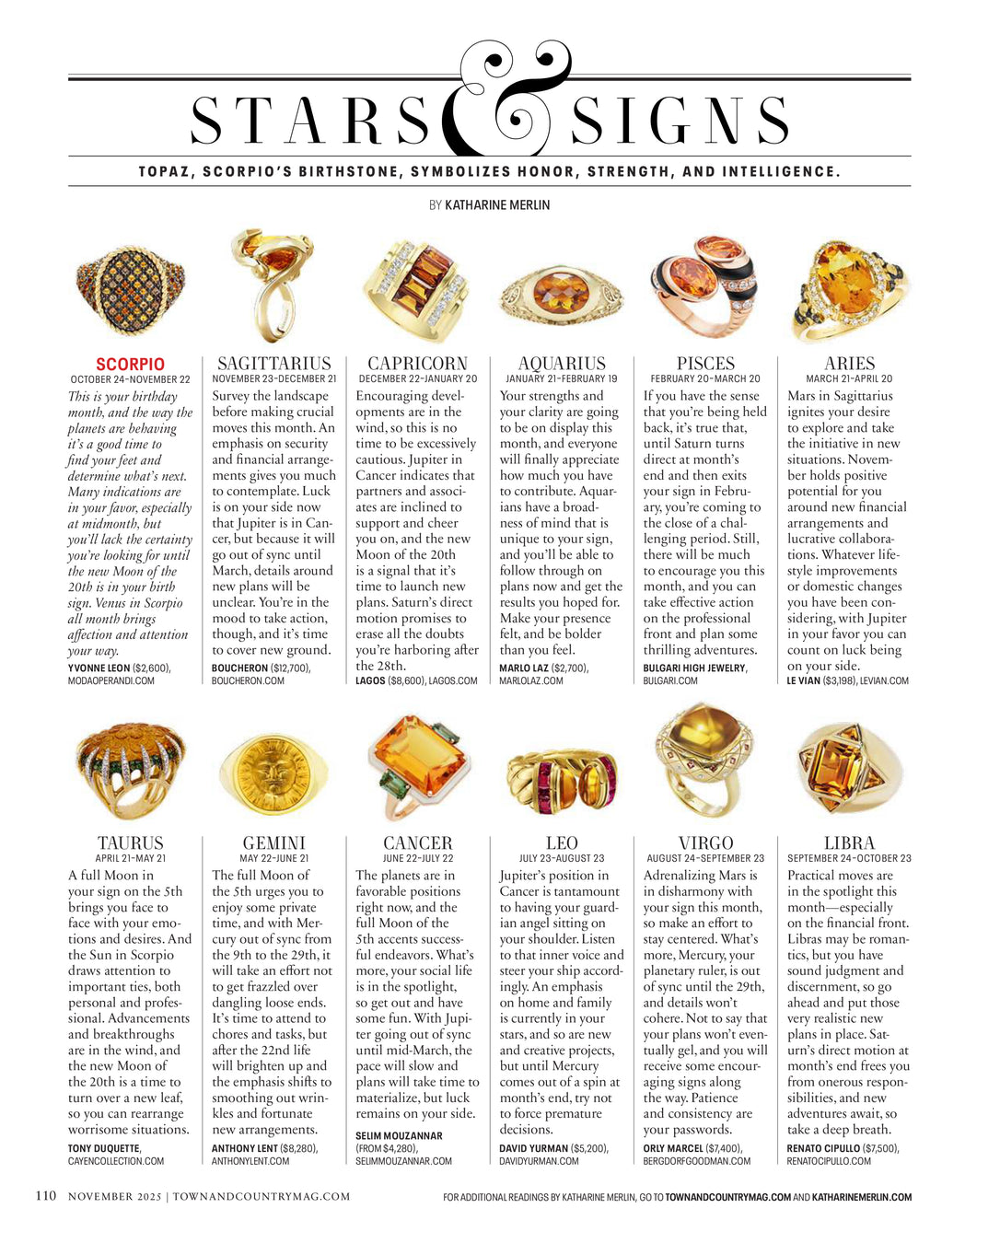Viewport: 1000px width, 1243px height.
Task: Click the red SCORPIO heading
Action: point(130,365)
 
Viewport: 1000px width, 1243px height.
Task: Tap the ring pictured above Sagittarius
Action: point(273,285)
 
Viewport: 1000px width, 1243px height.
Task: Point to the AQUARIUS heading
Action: point(562,364)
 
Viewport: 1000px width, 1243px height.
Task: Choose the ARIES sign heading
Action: point(849,364)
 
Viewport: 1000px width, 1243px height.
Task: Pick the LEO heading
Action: point(562,843)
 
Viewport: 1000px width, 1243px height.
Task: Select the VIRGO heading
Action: point(705,843)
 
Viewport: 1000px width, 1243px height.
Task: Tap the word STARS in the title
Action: point(311,122)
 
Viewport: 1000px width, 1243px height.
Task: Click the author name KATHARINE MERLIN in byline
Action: point(497,205)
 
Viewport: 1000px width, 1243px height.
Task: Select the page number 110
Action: point(45,1196)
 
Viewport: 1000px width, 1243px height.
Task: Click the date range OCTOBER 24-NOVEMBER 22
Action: point(130,379)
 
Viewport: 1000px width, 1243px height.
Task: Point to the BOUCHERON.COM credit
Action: point(249,681)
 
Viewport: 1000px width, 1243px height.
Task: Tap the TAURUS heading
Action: point(130,843)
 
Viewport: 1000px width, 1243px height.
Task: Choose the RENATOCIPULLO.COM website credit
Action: point(829,1161)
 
